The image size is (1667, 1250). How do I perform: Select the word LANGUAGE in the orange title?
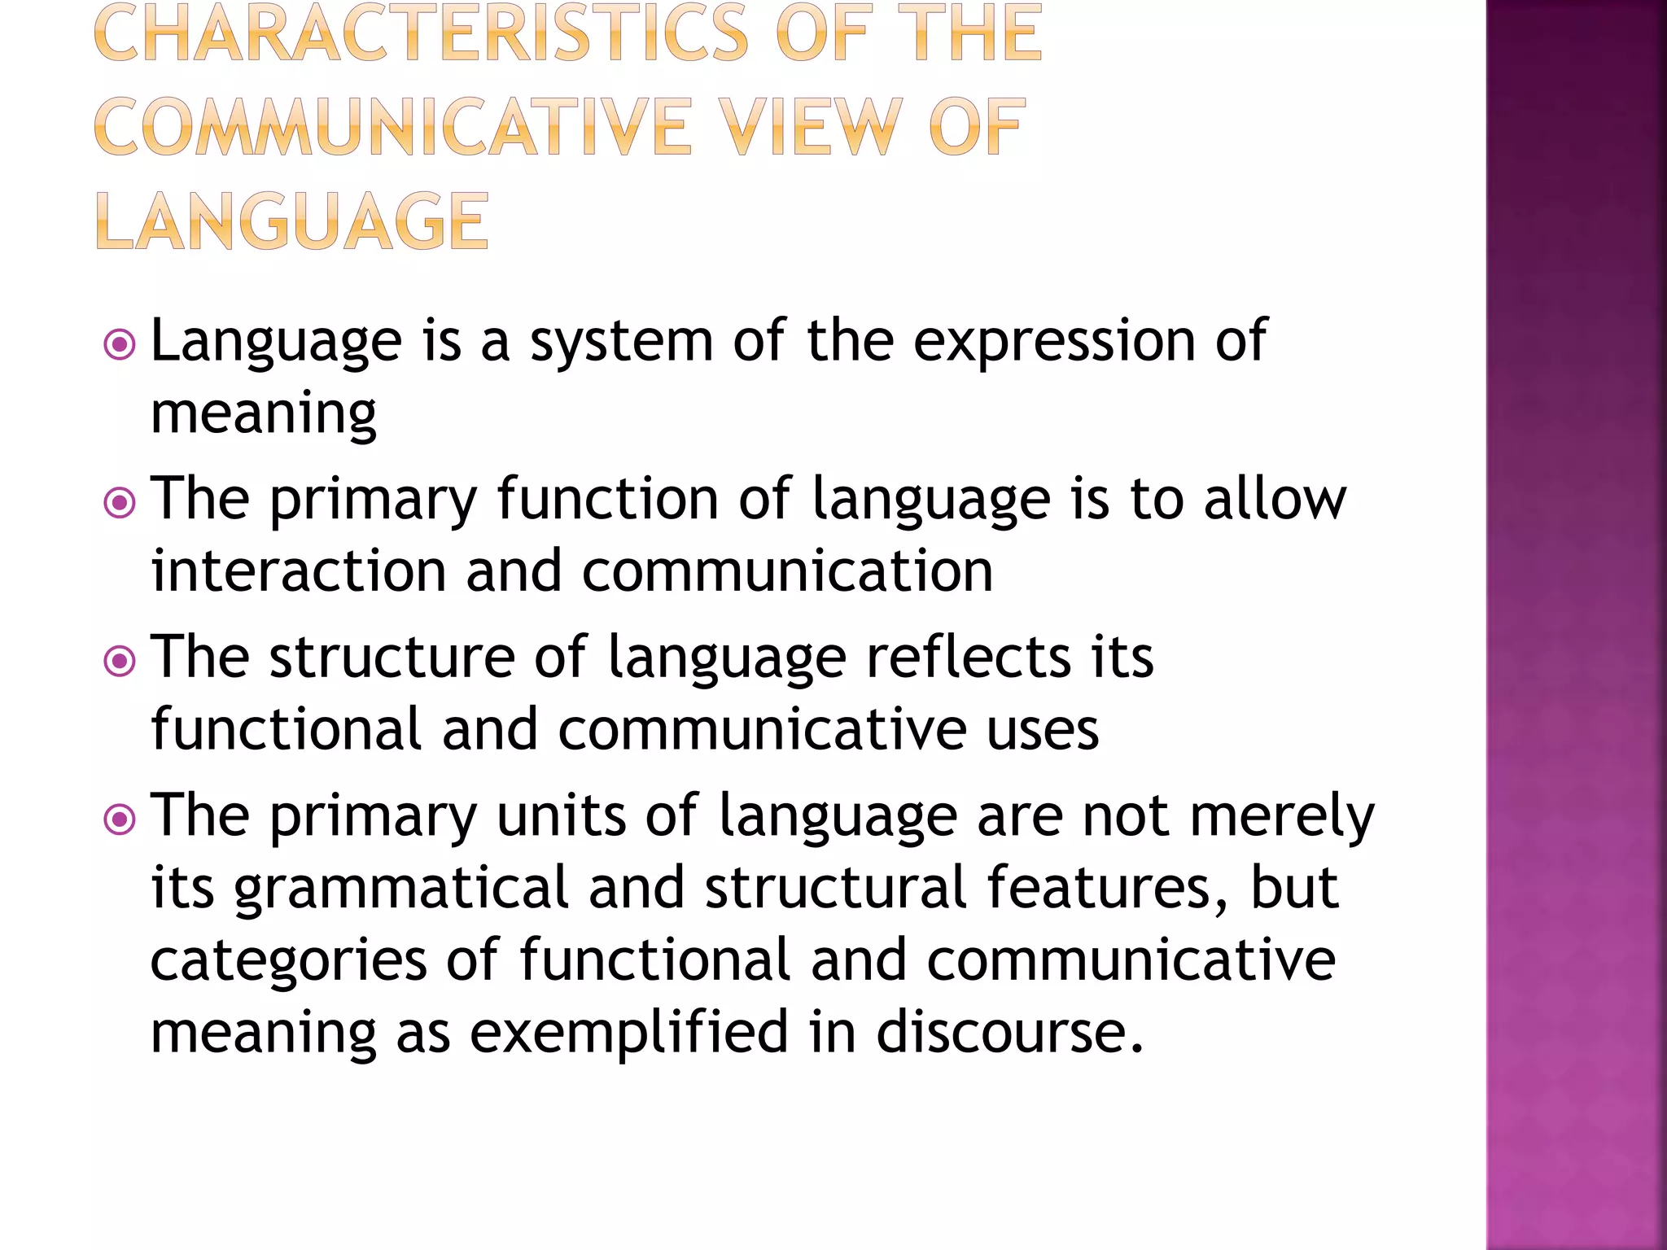click(292, 221)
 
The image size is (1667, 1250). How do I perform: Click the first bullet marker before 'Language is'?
click(120, 345)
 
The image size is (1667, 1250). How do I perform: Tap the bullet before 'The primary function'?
click(120, 503)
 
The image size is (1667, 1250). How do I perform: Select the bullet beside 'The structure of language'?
click(120, 661)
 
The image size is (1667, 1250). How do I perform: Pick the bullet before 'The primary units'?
click(120, 819)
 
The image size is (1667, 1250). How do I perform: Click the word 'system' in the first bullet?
click(622, 342)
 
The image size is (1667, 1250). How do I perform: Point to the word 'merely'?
click(1282, 815)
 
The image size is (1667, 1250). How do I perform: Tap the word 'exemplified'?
click(629, 1031)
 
